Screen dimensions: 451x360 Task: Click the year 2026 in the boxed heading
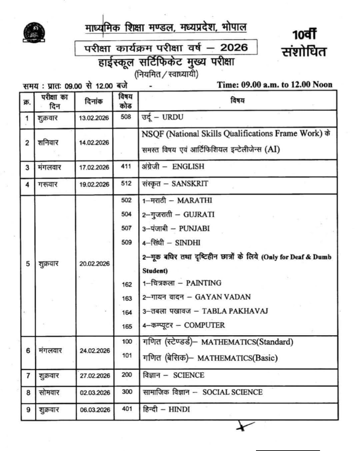234,47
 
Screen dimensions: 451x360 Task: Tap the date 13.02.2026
94,118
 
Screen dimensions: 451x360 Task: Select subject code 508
126,117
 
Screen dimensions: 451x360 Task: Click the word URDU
173,117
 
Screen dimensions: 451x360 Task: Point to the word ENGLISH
188,167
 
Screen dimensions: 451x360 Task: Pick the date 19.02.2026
94,184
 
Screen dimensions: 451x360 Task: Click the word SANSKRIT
190,184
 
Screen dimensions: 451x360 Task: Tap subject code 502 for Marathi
126,200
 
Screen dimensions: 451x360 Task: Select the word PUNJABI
194,228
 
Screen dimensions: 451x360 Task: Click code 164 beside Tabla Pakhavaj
127,312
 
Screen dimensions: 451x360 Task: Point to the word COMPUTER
204,325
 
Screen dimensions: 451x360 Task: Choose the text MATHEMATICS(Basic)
237,358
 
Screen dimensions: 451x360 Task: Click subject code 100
127,341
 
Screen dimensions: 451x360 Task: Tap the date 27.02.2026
95,376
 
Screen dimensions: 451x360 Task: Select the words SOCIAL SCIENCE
232,392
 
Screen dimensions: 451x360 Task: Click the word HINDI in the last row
179,409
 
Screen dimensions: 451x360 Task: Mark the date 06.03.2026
95,410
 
